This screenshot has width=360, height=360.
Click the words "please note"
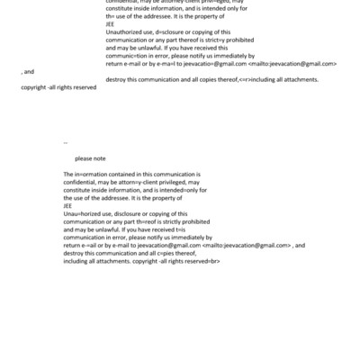90,158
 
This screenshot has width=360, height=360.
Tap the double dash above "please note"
66,142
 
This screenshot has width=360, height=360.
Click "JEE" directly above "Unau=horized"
69,204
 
